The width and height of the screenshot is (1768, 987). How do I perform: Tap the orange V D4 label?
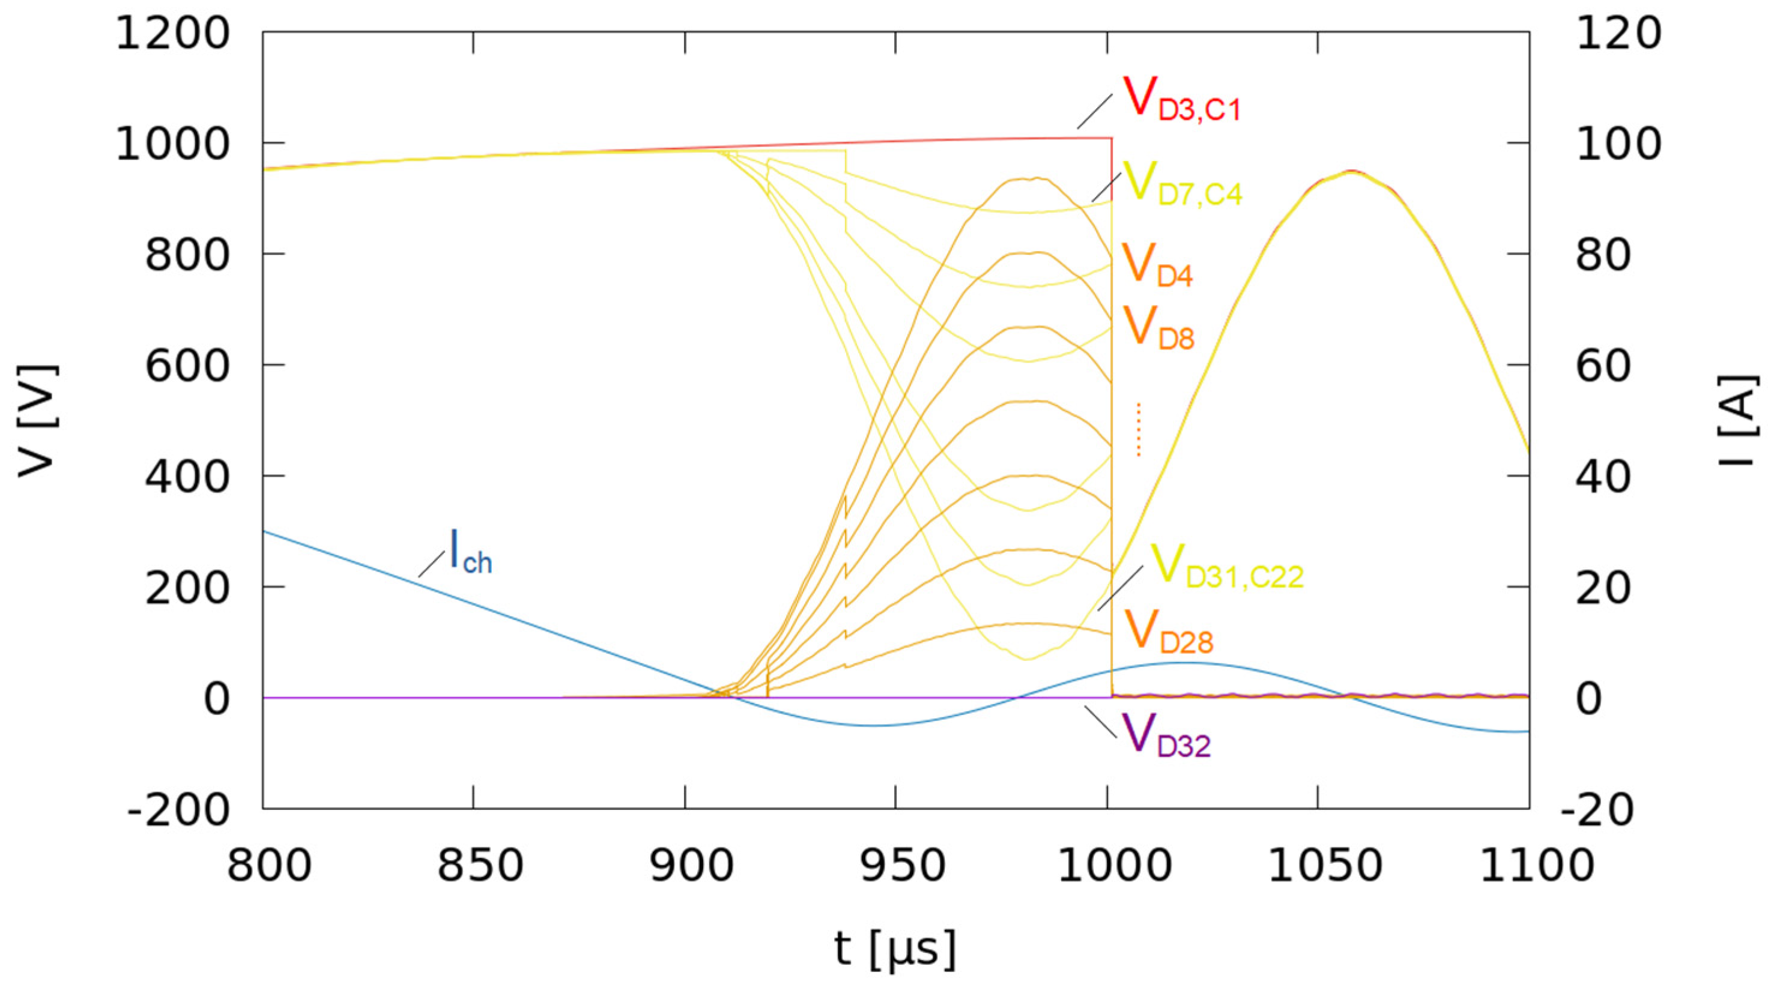(x=1157, y=265)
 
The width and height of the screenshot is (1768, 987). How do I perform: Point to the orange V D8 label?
(x=1158, y=328)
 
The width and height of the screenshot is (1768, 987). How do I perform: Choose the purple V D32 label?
(x=1166, y=736)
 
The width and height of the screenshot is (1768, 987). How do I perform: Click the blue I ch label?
(x=471, y=552)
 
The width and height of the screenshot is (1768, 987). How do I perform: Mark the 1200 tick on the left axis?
(x=172, y=32)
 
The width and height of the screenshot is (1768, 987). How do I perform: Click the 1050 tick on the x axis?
(x=1318, y=866)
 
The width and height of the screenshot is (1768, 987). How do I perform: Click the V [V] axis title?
(x=38, y=420)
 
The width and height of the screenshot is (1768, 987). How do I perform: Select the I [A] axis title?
(x=1740, y=420)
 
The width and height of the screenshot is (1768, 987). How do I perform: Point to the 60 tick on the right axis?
(x=1603, y=365)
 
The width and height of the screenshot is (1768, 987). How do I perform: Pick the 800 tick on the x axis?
(x=269, y=866)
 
